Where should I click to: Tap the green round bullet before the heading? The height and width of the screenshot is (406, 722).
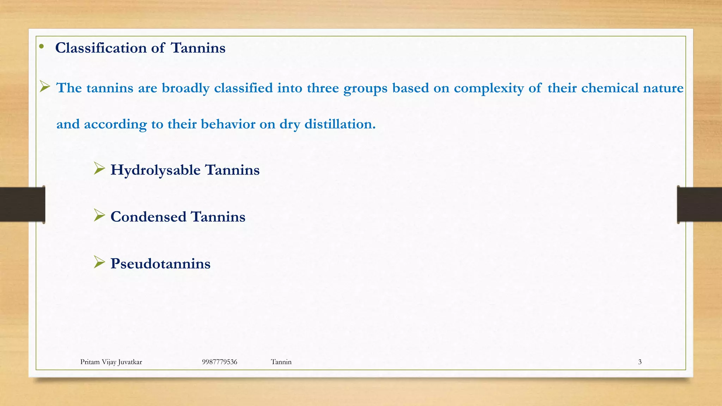(41, 47)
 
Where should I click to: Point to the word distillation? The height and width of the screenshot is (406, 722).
(340, 124)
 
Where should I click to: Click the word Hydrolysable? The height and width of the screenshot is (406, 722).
(155, 170)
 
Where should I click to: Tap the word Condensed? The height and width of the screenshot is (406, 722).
(148, 217)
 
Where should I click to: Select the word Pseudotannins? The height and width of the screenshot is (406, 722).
(160, 264)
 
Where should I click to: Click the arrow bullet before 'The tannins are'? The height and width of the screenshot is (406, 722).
(45, 86)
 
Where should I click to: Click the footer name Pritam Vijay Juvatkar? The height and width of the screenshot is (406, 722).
(111, 362)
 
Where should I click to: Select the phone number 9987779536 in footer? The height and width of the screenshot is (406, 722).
(220, 362)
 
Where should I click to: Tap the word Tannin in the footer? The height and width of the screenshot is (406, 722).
(281, 362)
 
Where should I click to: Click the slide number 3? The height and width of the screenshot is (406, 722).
(640, 362)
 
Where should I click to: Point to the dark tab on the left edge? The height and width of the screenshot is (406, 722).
(22, 204)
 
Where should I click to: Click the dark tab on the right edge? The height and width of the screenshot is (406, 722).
(699, 204)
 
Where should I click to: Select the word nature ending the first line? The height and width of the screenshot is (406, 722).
(663, 88)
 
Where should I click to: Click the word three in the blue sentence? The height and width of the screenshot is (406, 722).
(323, 88)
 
